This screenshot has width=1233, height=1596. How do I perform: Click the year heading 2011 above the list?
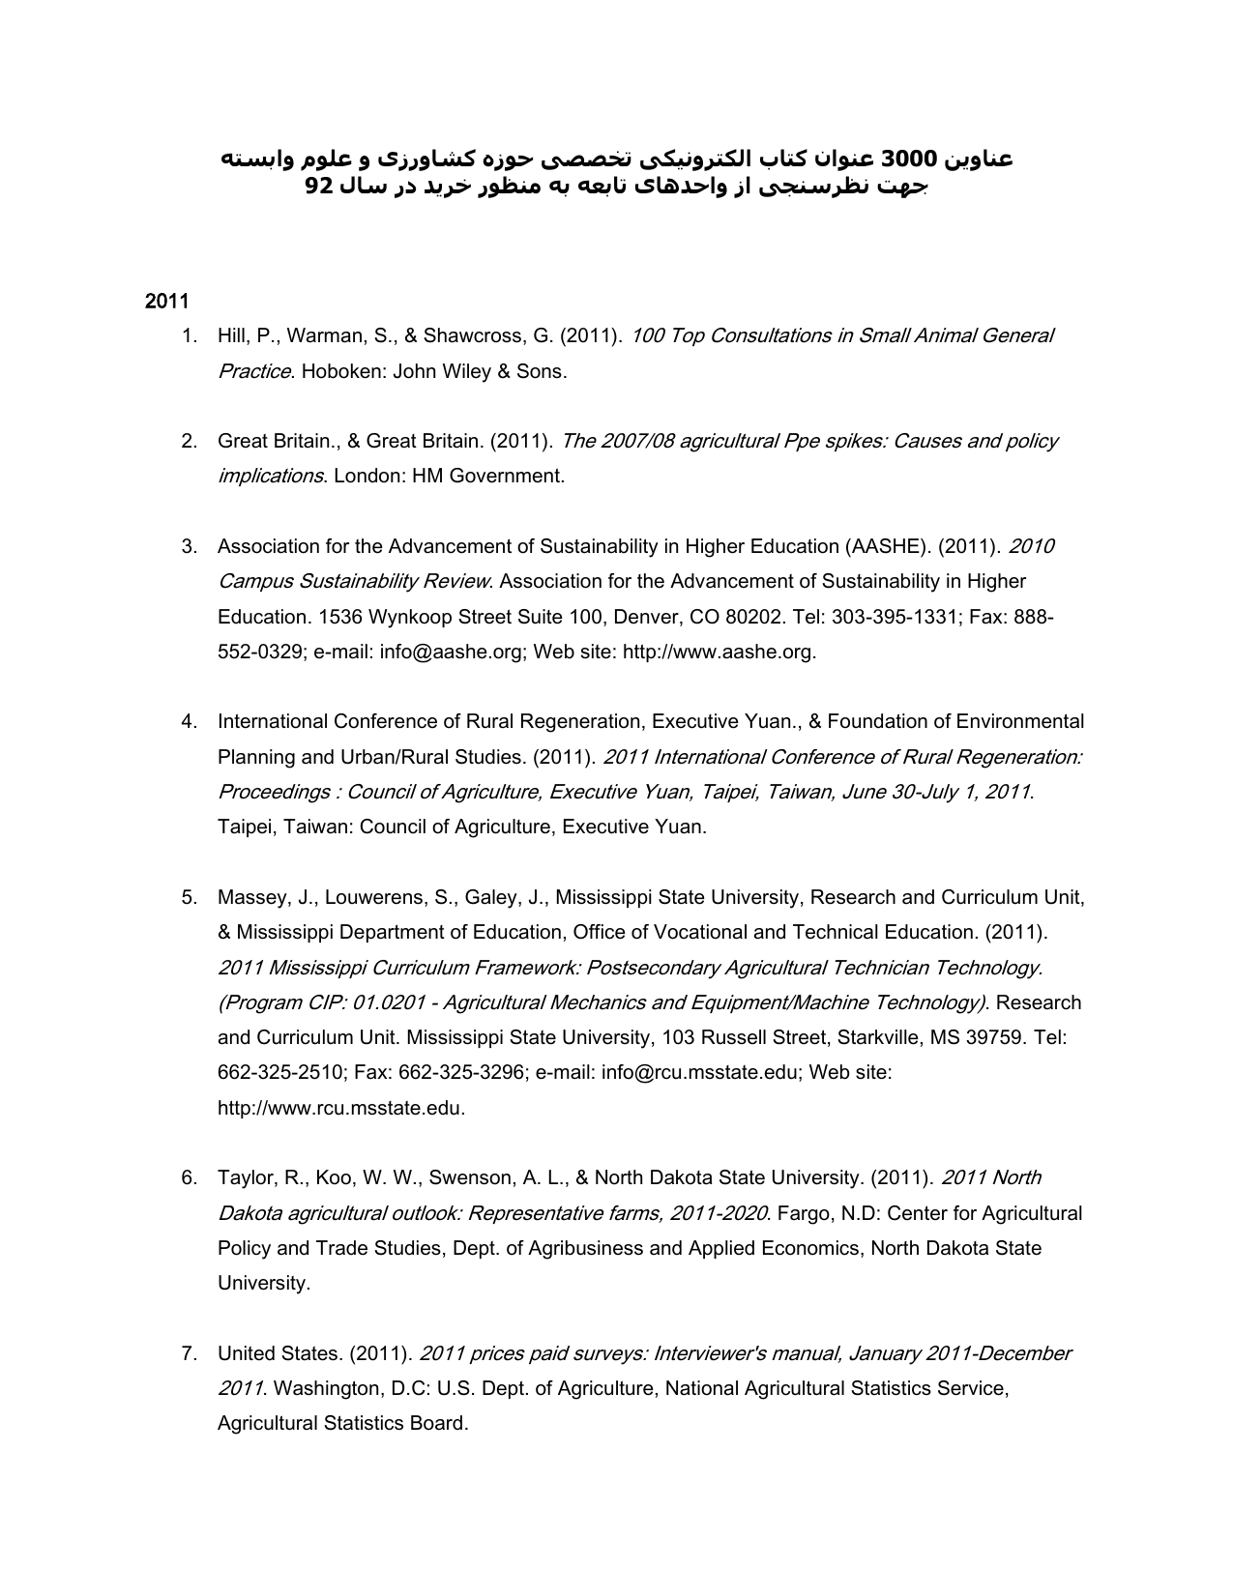(x=166, y=301)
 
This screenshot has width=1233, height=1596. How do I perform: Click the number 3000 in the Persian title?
(x=909, y=159)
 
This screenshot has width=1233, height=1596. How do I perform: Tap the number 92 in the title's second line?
(x=319, y=186)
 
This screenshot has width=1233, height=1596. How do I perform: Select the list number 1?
(x=190, y=336)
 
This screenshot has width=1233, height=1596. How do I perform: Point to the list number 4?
(x=190, y=722)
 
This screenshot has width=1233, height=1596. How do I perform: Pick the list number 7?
(x=190, y=1353)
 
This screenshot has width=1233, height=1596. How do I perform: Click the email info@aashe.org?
(x=451, y=653)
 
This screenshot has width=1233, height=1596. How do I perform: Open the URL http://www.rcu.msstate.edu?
(x=340, y=1109)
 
